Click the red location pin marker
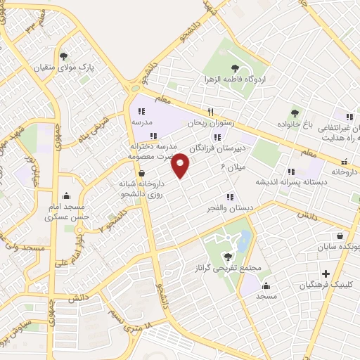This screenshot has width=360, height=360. click(181, 165)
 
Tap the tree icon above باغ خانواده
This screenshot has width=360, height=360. click(295, 112)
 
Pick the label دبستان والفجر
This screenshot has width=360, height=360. click(229, 207)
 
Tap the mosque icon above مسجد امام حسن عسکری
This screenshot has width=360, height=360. click(66, 196)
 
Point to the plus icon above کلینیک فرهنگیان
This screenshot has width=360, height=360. click(325, 274)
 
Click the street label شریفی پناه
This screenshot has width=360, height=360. click(92, 129)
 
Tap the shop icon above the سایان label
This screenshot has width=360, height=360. click(340, 236)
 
